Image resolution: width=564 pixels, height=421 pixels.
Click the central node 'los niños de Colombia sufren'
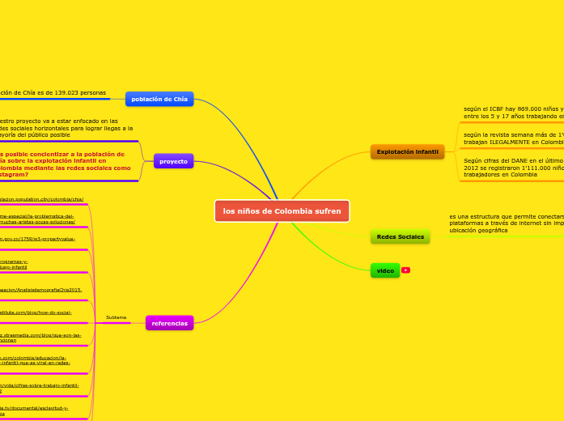pos(282,211)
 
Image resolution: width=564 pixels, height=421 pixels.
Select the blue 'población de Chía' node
pos(159,100)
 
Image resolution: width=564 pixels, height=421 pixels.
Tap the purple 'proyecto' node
pos(173,161)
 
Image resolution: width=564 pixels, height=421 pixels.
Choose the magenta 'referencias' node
pos(169,323)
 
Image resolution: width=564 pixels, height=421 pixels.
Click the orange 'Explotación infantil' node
pos(408,151)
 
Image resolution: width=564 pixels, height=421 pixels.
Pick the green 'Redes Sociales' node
pos(400,236)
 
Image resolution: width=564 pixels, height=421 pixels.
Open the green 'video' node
pos(385,270)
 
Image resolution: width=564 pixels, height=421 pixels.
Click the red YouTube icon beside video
pos(406,270)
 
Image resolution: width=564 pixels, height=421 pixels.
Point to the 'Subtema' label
pos(116,317)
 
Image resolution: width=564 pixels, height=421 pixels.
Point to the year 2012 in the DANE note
pos(471,168)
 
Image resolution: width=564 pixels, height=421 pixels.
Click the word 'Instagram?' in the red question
pos(14,174)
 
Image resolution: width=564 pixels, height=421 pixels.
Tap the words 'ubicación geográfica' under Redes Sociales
pos(478,231)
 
